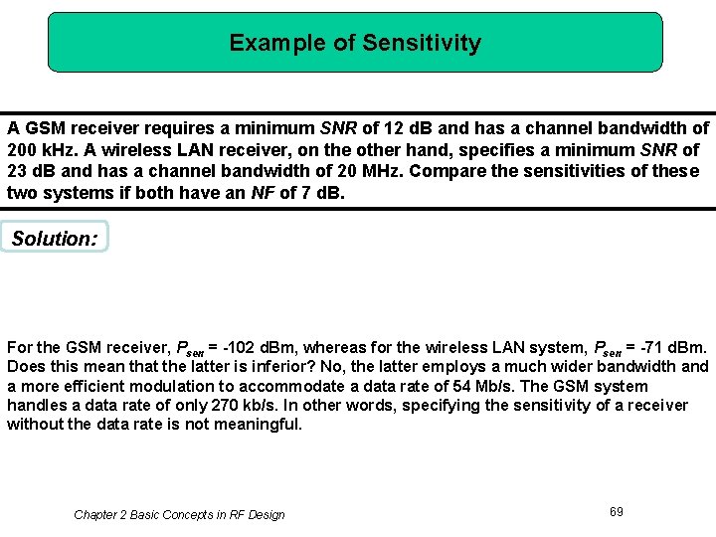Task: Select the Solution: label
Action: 55,238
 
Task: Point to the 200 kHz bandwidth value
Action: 40,150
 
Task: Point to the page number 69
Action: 617,511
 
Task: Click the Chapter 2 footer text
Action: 179,514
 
